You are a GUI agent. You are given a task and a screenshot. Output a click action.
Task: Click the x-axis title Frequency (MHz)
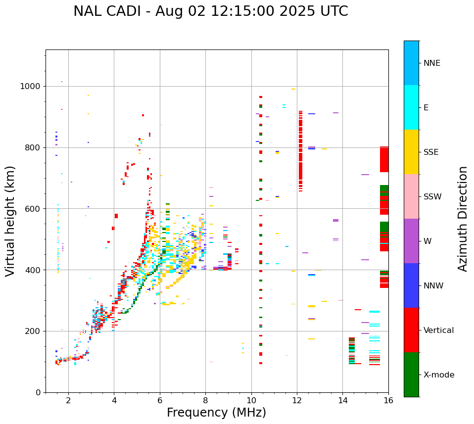216,413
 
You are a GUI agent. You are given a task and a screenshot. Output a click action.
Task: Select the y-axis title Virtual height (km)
10,221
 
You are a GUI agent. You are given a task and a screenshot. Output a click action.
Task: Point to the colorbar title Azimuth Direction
463,219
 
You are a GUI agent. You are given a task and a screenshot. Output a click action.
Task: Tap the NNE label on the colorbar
431,63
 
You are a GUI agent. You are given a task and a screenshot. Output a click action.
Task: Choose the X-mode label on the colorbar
438,375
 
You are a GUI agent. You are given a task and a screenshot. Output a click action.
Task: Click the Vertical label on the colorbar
438,330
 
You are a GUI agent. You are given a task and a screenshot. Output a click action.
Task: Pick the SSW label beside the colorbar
432,197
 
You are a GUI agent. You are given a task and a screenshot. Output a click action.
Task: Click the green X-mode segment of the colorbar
411,375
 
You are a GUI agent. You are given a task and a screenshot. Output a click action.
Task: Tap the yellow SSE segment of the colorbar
411,152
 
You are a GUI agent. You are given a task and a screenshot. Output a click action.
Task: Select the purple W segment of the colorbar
411,241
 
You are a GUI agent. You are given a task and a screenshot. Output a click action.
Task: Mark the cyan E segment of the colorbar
411,107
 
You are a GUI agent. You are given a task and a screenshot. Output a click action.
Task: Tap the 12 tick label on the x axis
297,401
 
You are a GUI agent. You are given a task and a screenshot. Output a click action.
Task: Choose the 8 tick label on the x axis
205,401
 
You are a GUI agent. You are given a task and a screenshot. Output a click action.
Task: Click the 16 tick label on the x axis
388,401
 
